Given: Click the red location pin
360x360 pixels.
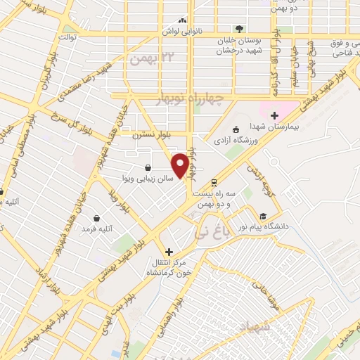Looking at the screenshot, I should pyautogui.click(x=181, y=165).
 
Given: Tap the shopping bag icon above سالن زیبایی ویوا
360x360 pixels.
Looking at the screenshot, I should pyautogui.click(x=148, y=167).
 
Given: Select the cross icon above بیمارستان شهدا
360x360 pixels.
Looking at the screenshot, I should pyautogui.click(x=275, y=115).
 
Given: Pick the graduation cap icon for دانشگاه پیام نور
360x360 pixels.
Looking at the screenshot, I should pyautogui.click(x=263, y=216).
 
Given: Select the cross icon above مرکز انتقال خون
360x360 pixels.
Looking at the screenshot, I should pyautogui.click(x=168, y=252).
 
